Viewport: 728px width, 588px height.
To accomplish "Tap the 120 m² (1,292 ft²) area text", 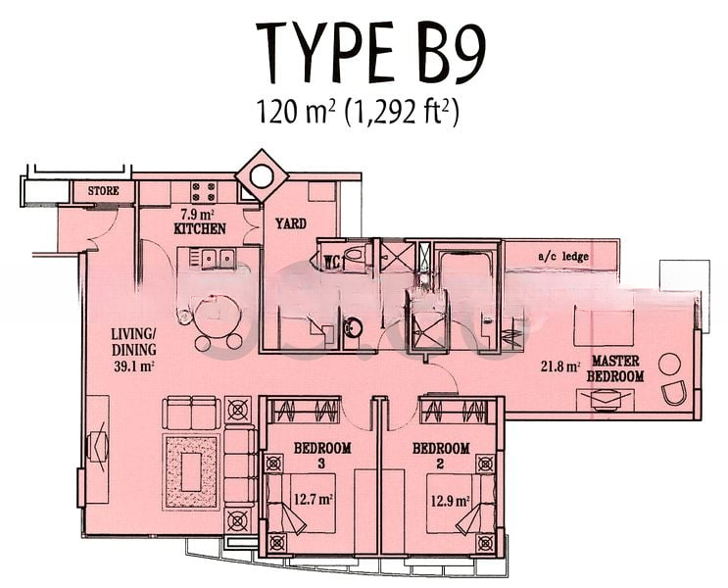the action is pos(358,112).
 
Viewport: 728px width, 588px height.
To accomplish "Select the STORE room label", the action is pos(104,190).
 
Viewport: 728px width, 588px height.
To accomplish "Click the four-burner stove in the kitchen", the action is pos(204,191).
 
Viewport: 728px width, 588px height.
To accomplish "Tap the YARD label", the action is pos(291,223).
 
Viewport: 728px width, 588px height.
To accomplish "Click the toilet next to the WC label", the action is pos(355,255).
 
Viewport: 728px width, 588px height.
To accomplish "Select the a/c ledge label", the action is pos(563,257).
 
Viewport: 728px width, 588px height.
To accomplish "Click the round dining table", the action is pos(218,315).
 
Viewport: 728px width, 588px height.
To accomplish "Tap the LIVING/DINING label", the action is pos(133,341).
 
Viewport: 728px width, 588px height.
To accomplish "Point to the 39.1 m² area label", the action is pos(133,366).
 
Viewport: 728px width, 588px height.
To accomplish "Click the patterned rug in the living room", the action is pos(191,471).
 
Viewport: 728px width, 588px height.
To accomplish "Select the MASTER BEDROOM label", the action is pos(615,368).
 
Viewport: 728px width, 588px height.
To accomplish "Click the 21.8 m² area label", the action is pos(560,367).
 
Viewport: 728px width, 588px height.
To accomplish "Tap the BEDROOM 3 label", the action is pos(322,455).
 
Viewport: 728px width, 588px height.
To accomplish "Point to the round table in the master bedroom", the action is pos(669,365).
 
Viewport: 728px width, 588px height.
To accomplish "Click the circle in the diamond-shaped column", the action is pos(261,176).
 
